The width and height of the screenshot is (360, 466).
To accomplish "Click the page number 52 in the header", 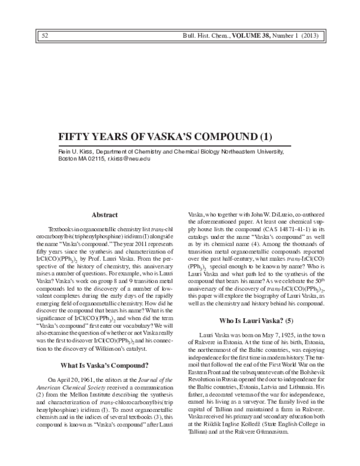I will [45, 36].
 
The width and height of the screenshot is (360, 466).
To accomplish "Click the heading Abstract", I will [105, 214].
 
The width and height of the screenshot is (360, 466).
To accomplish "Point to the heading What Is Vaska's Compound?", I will [106, 381].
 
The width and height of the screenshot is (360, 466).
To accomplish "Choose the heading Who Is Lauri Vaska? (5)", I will [254, 321].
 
